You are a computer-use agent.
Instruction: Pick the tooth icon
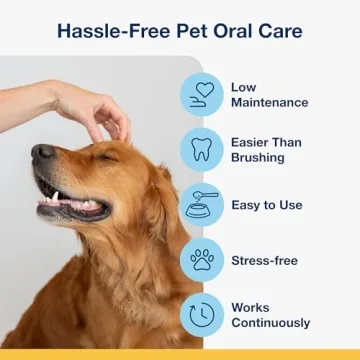point(203,150)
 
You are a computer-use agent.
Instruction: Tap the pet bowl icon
point(203,205)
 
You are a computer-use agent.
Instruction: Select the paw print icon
point(203,260)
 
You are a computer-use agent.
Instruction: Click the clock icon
point(203,315)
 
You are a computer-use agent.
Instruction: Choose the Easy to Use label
point(266,205)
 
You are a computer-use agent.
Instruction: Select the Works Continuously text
point(270,315)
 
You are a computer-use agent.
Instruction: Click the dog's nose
point(42,153)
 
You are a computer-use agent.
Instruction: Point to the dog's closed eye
point(107,157)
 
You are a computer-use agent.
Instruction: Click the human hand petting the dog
point(95,110)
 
